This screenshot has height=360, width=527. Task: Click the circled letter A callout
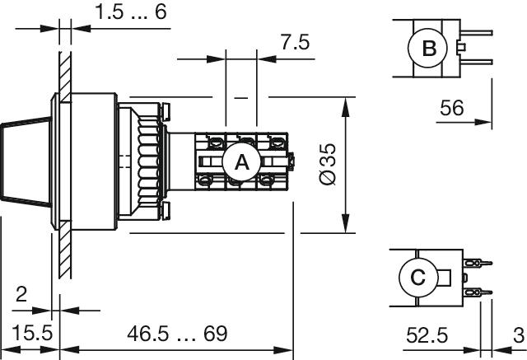(241, 162)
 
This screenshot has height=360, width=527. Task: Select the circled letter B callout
(428, 48)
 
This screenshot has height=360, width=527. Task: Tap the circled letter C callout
(418, 278)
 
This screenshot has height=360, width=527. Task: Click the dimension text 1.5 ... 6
(131, 12)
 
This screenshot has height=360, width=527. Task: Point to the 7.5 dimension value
(295, 42)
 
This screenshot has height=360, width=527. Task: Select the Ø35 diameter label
(328, 164)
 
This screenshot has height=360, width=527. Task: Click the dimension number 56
(451, 108)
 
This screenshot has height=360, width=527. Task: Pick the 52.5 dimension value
(427, 335)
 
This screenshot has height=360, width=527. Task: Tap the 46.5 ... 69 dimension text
(177, 334)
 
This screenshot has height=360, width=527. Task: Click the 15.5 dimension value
(32, 333)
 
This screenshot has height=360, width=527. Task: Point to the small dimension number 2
(21, 294)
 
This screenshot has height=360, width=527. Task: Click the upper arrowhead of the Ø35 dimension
(346, 106)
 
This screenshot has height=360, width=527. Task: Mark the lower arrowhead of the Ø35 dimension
(346, 223)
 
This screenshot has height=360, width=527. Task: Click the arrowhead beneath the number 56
(483, 122)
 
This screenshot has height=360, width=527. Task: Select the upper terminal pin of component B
(477, 33)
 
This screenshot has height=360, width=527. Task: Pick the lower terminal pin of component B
(477, 62)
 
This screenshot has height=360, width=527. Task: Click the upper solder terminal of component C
(478, 263)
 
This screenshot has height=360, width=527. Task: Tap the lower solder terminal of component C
(478, 292)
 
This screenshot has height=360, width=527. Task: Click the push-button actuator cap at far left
(26, 161)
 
